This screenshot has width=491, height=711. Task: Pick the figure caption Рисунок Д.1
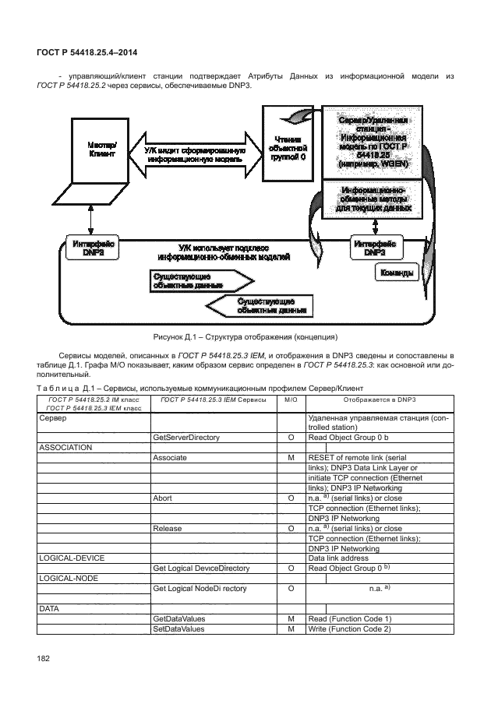(x=245, y=337)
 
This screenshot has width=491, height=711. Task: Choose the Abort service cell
(x=163, y=498)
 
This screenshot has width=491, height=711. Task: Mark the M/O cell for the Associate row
(x=290, y=458)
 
